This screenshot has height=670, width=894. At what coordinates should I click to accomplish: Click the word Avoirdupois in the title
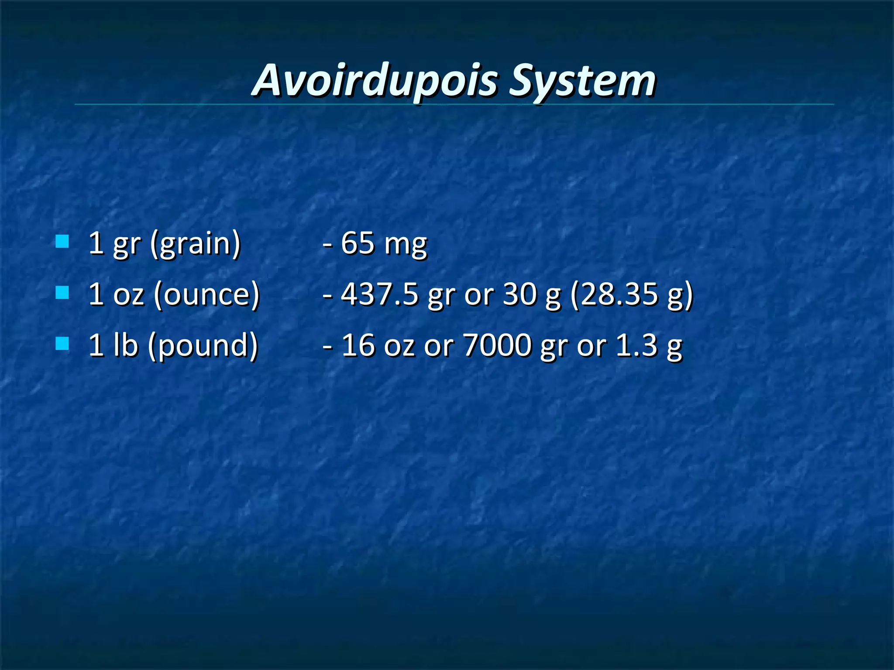coord(375,81)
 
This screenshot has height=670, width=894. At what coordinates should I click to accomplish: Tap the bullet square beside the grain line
coord(62,241)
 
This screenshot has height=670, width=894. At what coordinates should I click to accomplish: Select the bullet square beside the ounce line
coord(62,292)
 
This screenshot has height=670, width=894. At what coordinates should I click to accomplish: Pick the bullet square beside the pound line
coord(62,343)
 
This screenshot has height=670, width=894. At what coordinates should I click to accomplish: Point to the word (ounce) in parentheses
coord(206,294)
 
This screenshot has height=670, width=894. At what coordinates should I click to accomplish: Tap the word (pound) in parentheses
coord(203,345)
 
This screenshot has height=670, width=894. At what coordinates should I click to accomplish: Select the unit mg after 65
coord(406,244)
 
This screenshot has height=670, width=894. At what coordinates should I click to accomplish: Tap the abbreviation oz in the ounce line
coord(128,294)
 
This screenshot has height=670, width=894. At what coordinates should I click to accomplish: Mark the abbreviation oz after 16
coord(399,345)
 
